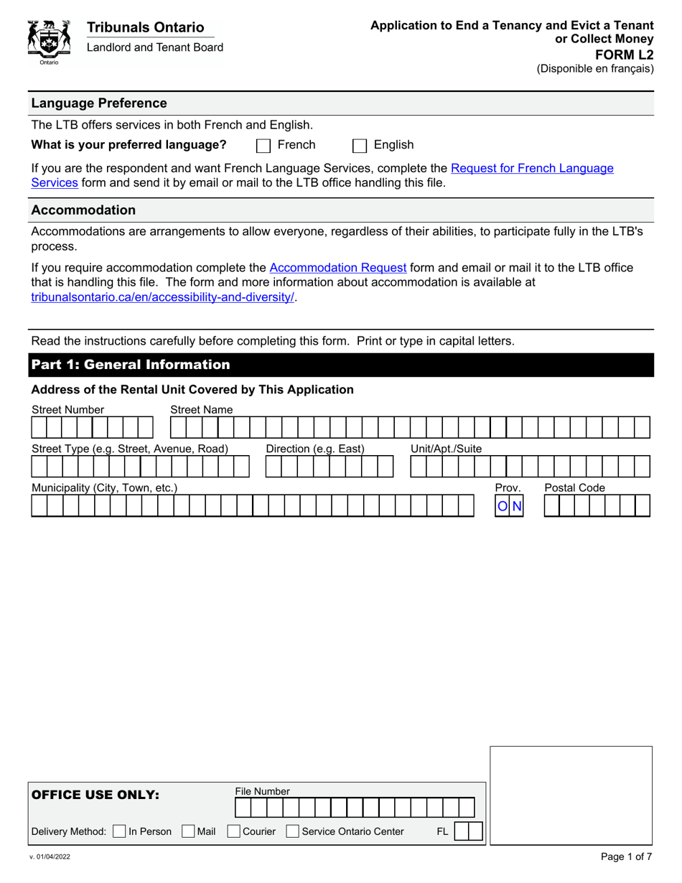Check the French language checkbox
tap(263, 146)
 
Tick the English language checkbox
tap(360, 146)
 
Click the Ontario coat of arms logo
tap(49, 42)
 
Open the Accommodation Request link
tap(337, 268)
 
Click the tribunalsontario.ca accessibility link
tap(163, 296)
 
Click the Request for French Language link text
tap(531, 168)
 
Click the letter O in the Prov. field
tap(503, 507)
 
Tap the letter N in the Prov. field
tap(517, 507)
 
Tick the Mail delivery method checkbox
tap(188, 831)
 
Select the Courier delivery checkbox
tap(233, 831)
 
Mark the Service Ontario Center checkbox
tap(292, 831)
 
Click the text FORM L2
tap(627, 54)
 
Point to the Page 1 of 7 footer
tap(626, 856)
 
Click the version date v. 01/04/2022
tap(50, 857)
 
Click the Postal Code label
tap(574, 488)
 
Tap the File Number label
tap(262, 791)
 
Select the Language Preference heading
tap(98, 103)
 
